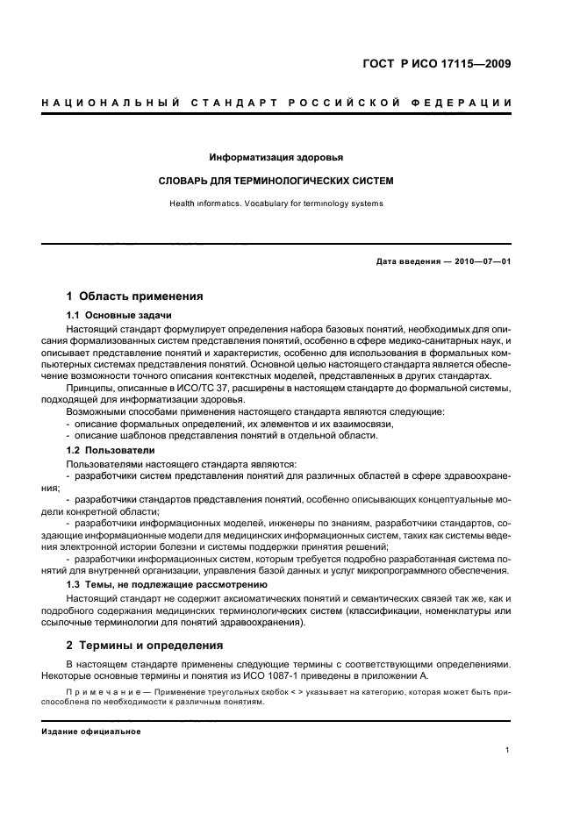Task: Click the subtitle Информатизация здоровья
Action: click(x=276, y=158)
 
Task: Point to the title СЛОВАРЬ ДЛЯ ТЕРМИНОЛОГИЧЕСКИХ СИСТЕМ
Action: click(x=276, y=182)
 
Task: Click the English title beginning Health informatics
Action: click(x=276, y=203)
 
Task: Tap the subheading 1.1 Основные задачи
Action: click(x=118, y=315)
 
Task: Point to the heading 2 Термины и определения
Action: click(x=145, y=645)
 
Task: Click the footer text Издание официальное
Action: click(x=90, y=732)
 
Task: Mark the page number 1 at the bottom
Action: click(x=508, y=750)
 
